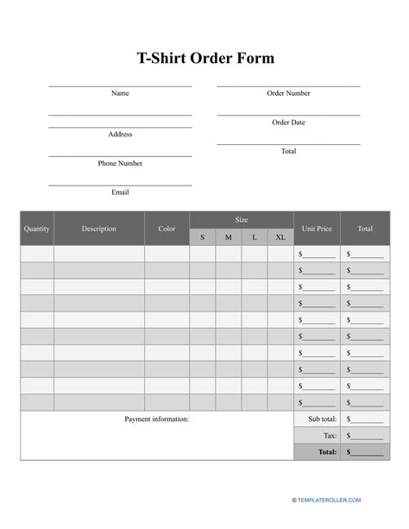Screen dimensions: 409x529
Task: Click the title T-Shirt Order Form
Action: [x=204, y=58]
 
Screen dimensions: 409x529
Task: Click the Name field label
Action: [x=120, y=93]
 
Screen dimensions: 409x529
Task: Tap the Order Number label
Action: [x=288, y=93]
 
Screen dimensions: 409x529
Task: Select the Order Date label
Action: [x=288, y=123]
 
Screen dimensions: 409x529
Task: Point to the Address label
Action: [x=120, y=134]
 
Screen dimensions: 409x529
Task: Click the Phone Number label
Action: [x=120, y=163]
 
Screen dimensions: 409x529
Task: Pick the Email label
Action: [x=120, y=192]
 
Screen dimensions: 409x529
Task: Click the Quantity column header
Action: [x=37, y=229]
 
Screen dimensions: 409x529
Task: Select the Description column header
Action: [x=99, y=229]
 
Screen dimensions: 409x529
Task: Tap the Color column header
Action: [x=167, y=229]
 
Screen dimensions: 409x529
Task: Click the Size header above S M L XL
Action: [x=242, y=220]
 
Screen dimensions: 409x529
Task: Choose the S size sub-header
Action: [x=203, y=237]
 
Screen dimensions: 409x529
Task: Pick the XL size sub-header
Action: [x=280, y=237]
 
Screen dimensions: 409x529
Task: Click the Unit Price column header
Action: [x=317, y=229]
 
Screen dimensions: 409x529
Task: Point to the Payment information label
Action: [x=156, y=419]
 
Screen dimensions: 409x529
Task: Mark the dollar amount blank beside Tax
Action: [x=366, y=436]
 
